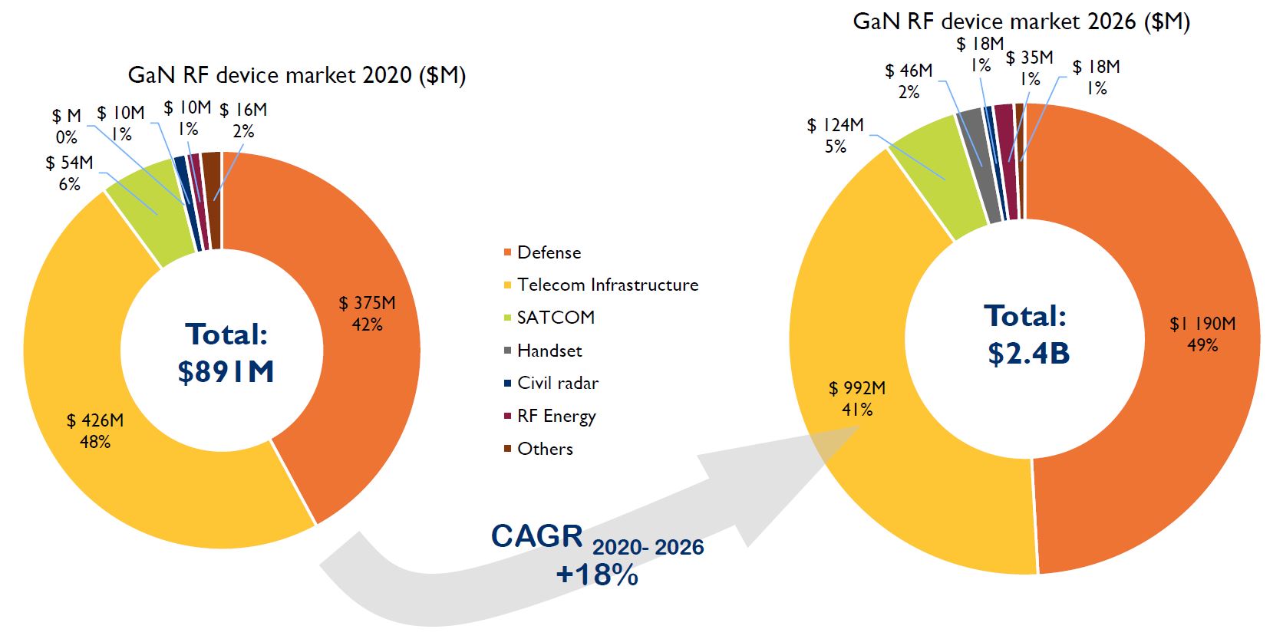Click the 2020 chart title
click(296, 75)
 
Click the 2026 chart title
click(1021, 21)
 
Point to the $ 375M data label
click(367, 304)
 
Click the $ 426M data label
click(94, 421)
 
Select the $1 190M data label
click(1202, 324)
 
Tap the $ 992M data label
click(856, 389)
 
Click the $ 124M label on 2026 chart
click(835, 125)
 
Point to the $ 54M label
click(69, 163)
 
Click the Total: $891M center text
click(226, 353)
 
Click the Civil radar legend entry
click(557, 384)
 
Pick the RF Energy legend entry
click(556, 417)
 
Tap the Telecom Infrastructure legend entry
click(607, 285)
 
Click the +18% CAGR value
click(597, 575)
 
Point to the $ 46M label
click(909, 71)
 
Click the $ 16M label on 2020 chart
click(243, 110)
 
